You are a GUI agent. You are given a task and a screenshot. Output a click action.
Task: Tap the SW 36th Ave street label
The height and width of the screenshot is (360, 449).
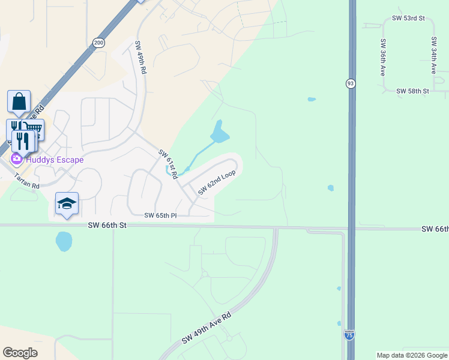tap(382, 57)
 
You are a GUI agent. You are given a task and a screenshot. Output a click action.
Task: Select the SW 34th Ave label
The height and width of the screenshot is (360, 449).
tap(433, 55)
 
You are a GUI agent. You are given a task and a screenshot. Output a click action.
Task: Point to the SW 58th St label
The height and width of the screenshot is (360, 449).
tap(412, 91)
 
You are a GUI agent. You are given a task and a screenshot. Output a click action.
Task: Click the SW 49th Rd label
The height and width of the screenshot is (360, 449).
tap(140, 57)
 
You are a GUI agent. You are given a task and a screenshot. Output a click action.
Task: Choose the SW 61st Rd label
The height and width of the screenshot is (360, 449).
tap(169, 164)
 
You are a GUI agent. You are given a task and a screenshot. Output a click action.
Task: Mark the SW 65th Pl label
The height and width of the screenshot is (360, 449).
tap(160, 215)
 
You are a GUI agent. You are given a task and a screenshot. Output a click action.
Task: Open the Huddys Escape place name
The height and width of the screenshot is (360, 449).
tap(54, 160)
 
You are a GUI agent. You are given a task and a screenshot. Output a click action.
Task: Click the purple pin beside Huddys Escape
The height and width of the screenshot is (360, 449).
tap(16, 160)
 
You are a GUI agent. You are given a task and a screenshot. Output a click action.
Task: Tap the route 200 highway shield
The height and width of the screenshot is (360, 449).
tap(98, 42)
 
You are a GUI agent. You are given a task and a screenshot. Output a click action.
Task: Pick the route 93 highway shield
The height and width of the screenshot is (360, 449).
tap(350, 83)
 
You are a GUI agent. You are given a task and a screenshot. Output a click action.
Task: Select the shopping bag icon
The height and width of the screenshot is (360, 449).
tap(19, 100)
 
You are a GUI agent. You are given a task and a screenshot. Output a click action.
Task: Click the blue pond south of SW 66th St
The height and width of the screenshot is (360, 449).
tap(64, 242)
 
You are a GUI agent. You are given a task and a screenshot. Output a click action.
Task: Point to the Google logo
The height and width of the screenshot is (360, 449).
tap(20, 353)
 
